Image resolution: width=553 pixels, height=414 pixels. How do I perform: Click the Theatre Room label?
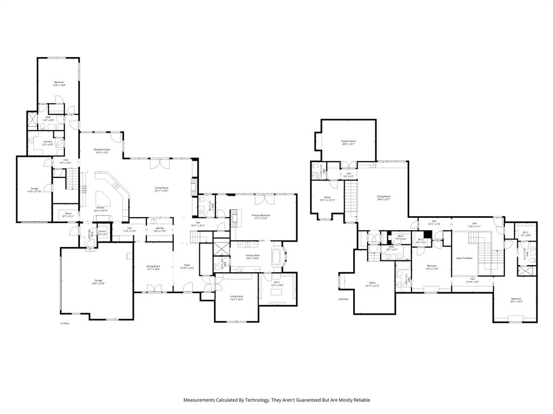click(x=348, y=141)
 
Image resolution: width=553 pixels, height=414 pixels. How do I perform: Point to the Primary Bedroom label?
click(x=261, y=215)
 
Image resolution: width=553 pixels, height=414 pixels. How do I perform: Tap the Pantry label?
click(x=102, y=231)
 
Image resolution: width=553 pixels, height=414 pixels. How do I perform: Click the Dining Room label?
click(x=153, y=266)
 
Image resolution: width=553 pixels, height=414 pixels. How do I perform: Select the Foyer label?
click(x=187, y=265)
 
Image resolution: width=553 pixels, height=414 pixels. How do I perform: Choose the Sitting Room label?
click(x=383, y=197)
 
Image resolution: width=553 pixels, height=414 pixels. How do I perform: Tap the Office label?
click(x=372, y=282)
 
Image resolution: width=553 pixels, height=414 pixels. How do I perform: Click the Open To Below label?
click(x=464, y=258)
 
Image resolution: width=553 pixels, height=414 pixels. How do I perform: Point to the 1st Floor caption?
click(x=65, y=323)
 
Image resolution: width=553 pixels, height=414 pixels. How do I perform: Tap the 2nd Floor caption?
click(x=343, y=299)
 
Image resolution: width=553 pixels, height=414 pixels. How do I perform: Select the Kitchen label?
click(x=100, y=208)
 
